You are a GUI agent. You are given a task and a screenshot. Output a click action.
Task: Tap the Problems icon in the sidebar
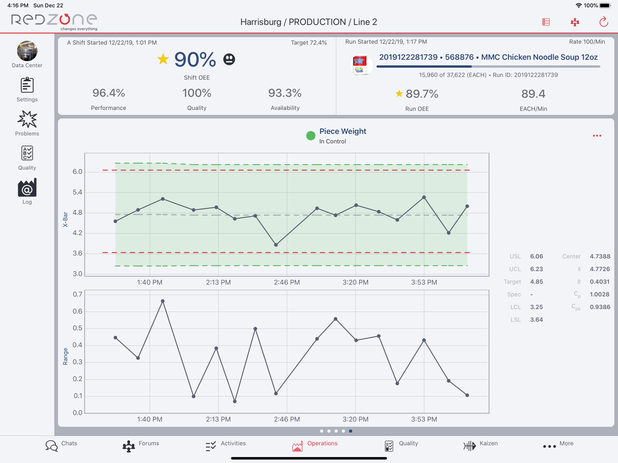pos(27,119)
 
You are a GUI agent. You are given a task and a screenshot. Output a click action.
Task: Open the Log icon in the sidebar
pos(27,187)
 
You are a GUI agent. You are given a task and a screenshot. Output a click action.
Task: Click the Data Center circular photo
pos(27,51)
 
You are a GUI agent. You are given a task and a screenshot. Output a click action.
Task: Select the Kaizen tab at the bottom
pos(469,446)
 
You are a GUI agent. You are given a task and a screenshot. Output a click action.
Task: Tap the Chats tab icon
pos(51,446)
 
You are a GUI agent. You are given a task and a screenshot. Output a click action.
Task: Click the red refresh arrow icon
pos(603,22)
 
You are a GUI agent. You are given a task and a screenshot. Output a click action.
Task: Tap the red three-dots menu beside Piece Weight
pos(597,136)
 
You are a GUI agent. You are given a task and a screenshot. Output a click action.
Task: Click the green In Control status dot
pos(311,136)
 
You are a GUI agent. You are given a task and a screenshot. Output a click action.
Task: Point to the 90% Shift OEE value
pos(195,59)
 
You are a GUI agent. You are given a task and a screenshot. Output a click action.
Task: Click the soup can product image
pos(360,65)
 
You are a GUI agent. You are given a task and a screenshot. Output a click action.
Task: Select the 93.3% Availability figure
pos(285,93)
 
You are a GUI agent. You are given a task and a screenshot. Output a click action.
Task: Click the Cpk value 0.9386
pos(600,307)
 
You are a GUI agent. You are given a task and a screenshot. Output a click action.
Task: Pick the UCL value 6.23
pos(537,269)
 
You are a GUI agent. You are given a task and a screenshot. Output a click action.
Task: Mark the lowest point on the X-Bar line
pos(276,245)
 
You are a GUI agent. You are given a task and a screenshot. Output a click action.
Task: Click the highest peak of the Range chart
pos(163,301)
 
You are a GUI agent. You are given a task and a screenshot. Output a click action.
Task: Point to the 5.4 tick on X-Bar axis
pos(77,192)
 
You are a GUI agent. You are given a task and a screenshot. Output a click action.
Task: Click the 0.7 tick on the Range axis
pos(77,294)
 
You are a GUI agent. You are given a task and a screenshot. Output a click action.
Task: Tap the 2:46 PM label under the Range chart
pos(287,419)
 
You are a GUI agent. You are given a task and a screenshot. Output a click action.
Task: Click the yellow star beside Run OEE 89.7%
pos(399,93)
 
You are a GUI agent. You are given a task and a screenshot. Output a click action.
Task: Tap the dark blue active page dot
pos(351,431)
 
